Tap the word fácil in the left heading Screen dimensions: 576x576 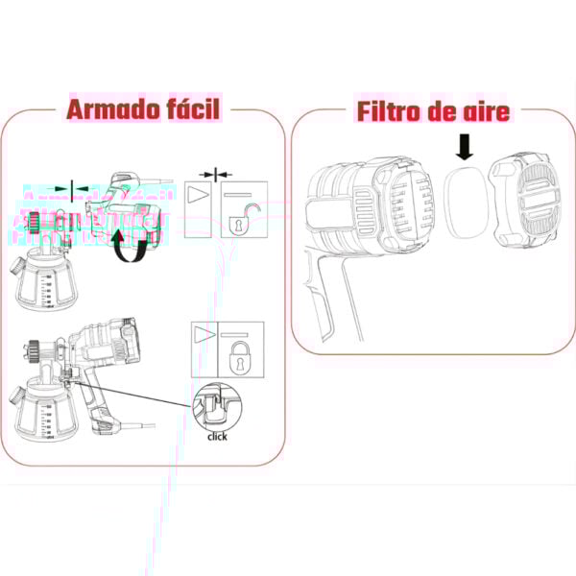(x=189, y=109)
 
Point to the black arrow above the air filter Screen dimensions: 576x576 (x=465, y=147)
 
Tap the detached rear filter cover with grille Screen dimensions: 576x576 (x=526, y=199)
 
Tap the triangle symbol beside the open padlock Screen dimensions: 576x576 (x=200, y=193)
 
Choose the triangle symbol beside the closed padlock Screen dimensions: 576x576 (x=204, y=335)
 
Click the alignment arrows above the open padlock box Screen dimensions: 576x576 (x=222, y=175)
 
